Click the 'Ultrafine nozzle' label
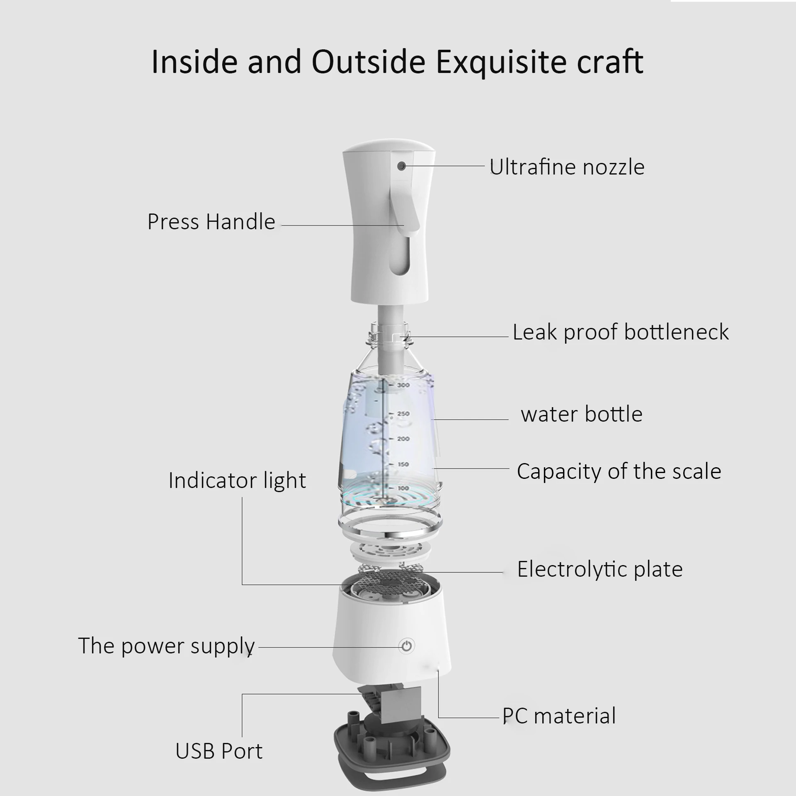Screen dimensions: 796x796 click(567, 167)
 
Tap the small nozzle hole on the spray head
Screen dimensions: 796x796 click(401, 166)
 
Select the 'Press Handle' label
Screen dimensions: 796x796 click(211, 222)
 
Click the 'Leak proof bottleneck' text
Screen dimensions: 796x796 click(620, 332)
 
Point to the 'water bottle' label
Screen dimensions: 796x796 click(581, 414)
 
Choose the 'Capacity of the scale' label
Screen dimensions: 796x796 click(619, 471)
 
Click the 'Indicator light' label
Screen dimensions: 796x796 click(237, 481)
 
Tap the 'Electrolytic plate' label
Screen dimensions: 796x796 click(599, 569)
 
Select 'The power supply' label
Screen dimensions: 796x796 click(166, 646)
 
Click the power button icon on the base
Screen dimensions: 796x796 click(407, 646)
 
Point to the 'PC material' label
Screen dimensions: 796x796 click(559, 716)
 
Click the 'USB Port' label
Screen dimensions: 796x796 click(218, 751)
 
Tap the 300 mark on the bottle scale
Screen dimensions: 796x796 click(403, 385)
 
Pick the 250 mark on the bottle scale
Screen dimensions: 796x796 click(403, 414)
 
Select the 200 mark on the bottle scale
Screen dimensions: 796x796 click(403, 439)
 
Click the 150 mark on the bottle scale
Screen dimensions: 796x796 click(403, 464)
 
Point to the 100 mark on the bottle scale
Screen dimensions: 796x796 click(403, 488)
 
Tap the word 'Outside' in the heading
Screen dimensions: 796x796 click(368, 62)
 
